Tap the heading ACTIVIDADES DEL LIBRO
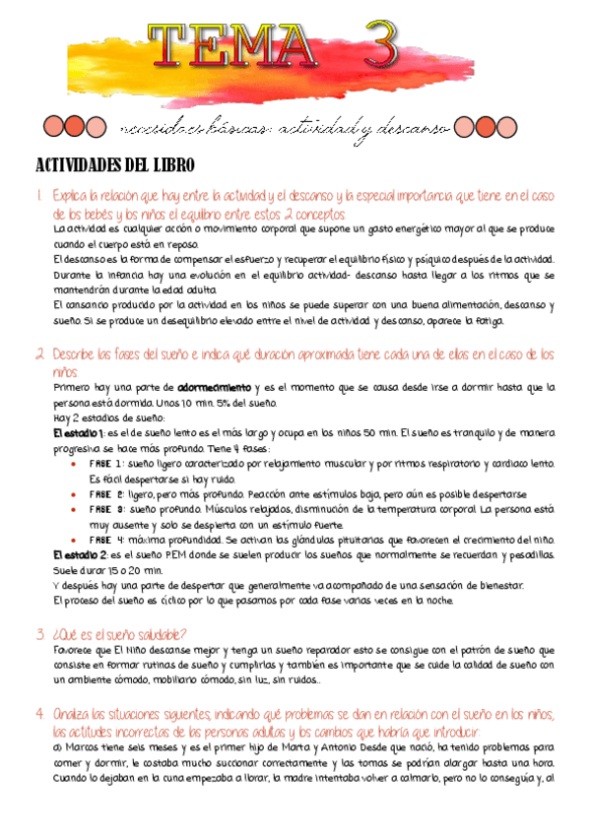point(115,163)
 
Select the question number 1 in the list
point(38,196)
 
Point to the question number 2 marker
point(39,353)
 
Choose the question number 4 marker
point(39,713)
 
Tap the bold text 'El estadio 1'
point(79,433)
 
